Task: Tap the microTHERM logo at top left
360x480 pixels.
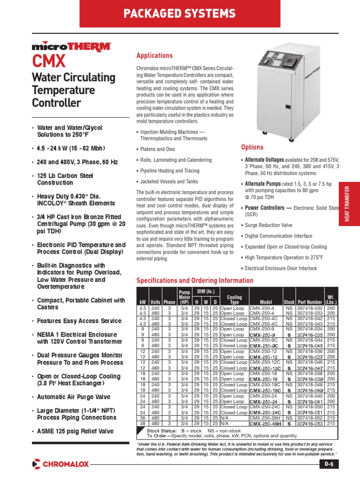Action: click(x=72, y=46)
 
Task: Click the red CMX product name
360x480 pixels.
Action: click(x=49, y=61)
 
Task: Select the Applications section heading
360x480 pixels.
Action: click(x=154, y=56)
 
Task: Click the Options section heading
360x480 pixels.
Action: click(x=252, y=147)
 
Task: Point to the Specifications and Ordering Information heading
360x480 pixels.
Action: click(x=195, y=281)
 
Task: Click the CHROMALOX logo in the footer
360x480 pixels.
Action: click(x=60, y=464)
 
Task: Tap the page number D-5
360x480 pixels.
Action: click(x=329, y=464)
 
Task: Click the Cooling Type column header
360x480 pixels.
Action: click(x=234, y=300)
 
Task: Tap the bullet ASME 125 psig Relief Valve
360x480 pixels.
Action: click(x=75, y=431)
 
